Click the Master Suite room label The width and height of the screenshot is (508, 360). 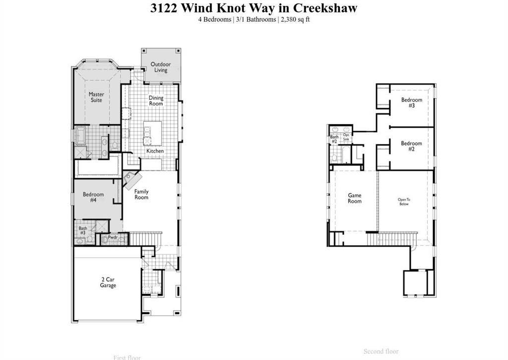click(x=96, y=97)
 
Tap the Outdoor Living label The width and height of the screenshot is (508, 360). click(x=161, y=67)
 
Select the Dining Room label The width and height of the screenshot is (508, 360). click(x=156, y=101)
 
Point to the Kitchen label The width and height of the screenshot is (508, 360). click(x=155, y=151)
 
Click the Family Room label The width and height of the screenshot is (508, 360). click(x=141, y=194)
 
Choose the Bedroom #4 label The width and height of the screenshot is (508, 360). click(x=93, y=197)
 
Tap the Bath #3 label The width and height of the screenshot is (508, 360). click(x=82, y=230)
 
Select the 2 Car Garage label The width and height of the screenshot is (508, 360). click(x=108, y=283)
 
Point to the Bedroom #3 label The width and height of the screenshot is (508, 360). click(x=411, y=103)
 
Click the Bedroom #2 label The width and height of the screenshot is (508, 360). click(x=411, y=146)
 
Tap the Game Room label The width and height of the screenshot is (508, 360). click(x=354, y=198)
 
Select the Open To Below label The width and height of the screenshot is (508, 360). click(x=404, y=202)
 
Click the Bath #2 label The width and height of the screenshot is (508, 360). click(x=334, y=140)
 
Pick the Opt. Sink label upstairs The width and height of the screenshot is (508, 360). click(x=346, y=137)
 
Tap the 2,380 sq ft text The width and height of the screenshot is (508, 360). click(x=296, y=20)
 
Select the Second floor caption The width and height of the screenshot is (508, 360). click(x=381, y=352)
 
